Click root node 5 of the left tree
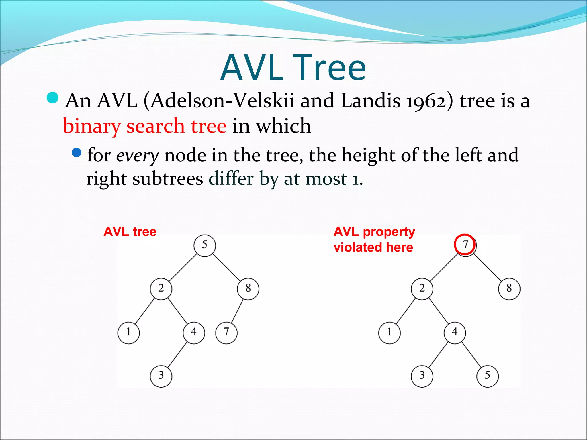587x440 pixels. (x=204, y=245)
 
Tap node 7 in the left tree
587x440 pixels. (x=226, y=332)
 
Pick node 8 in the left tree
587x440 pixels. (x=248, y=289)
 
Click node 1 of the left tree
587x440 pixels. (x=128, y=332)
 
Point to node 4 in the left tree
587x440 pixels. (x=194, y=332)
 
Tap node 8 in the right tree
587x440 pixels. (x=509, y=289)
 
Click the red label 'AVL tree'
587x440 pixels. (x=130, y=231)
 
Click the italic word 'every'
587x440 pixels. (x=137, y=156)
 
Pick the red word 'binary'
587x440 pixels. (x=92, y=126)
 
